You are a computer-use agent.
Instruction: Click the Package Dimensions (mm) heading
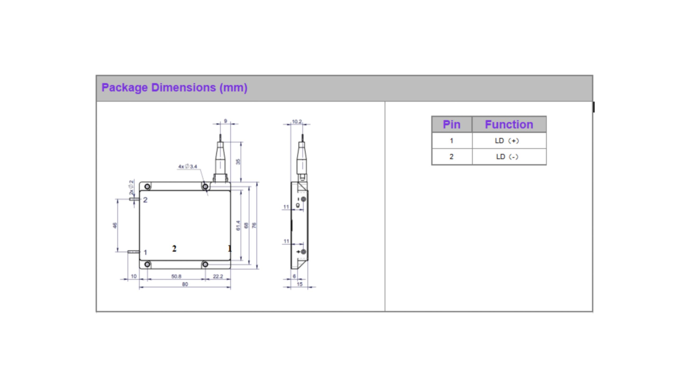[174, 88]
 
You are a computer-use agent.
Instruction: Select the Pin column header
[451, 124]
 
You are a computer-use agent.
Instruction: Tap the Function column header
[509, 124]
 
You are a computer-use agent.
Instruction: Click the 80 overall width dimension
[185, 284]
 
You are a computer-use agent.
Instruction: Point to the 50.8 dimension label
[176, 276]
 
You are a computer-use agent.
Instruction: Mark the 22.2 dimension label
[218, 276]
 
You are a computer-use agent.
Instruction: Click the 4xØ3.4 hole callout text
[187, 166]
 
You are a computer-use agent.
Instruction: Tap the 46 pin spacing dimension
[115, 225]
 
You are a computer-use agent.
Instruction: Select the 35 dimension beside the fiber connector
[238, 162]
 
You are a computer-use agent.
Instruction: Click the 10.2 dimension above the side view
[296, 121]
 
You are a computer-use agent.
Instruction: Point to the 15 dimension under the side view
[299, 284]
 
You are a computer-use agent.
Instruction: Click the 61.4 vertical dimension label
[238, 225]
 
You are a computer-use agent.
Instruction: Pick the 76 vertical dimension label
[254, 225]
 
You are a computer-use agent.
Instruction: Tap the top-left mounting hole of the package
[148, 187]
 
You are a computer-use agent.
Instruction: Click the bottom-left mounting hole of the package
[148, 264]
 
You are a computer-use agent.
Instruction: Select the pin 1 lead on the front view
[134, 252]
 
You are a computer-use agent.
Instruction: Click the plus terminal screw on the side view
[303, 252]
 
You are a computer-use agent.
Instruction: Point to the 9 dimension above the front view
[225, 121]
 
